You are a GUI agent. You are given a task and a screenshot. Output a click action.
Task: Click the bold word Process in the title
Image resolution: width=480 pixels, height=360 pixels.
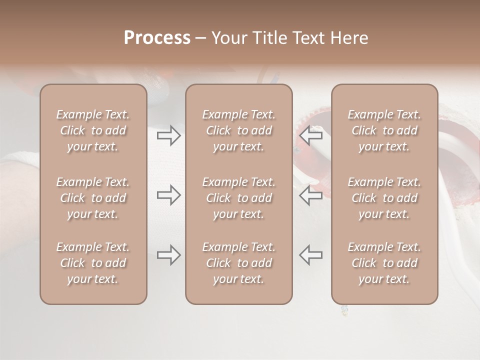[157, 38]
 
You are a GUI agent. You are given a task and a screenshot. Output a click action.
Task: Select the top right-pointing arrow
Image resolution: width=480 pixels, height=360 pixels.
[168, 135]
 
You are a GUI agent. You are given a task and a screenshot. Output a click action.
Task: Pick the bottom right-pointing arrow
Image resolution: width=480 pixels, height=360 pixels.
[168, 255]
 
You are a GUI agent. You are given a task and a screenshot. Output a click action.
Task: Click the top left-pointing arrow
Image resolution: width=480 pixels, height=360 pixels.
[311, 135]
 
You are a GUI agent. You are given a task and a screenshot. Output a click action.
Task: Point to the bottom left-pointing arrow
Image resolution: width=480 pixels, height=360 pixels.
[311, 255]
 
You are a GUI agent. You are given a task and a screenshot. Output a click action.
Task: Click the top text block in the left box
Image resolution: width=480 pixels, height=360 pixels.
[93, 130]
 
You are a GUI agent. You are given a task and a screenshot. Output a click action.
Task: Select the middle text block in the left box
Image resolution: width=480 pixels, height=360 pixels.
[93, 198]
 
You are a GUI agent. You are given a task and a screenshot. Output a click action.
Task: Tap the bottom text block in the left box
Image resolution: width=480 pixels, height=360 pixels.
[93, 263]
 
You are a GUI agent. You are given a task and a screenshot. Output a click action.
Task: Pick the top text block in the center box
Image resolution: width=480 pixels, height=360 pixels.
[239, 130]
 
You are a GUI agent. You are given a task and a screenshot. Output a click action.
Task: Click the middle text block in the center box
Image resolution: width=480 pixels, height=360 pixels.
[239, 198]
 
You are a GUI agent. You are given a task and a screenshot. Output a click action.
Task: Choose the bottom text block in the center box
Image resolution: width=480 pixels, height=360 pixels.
[239, 263]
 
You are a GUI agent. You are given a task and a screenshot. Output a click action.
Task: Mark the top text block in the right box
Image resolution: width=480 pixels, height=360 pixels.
[384, 130]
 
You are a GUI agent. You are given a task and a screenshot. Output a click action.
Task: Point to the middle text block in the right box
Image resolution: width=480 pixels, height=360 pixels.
[384, 198]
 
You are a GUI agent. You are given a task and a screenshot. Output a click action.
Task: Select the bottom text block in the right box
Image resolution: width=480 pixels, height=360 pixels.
[384, 263]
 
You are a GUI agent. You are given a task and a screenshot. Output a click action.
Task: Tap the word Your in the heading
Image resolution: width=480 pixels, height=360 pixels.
[228, 38]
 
